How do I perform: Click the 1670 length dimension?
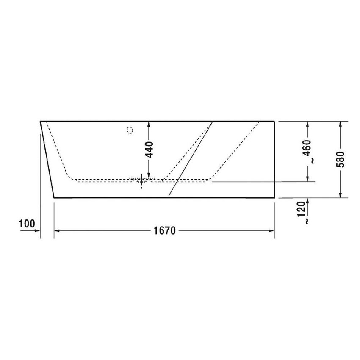[165, 231]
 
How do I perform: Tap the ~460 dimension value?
[309, 151]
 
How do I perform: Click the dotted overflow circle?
[130, 130]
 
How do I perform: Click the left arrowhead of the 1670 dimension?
[57, 231]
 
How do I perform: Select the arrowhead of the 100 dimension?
[38, 231]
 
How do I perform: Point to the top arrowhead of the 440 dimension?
[148, 124]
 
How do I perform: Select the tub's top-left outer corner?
[40, 122]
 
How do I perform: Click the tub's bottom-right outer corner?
[274, 197]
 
